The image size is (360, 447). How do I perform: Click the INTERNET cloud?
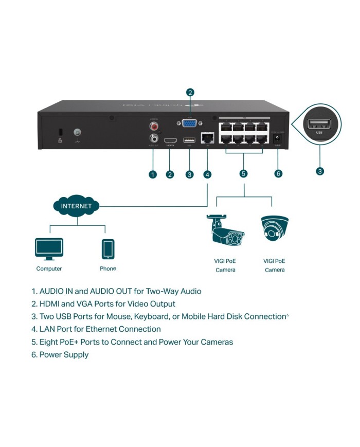coord(77,206)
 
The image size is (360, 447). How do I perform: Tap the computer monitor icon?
coord(49,249)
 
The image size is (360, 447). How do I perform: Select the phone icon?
coord(107,249)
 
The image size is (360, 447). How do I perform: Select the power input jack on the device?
coord(278,138)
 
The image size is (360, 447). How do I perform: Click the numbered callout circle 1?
coord(152,174)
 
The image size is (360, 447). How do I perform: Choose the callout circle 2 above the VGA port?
coord(190,93)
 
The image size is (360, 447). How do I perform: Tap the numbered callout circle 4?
coord(207,174)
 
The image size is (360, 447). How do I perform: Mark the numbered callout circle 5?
coord(243,173)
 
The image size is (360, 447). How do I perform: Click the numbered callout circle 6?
coord(278,173)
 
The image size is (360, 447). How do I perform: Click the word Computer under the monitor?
coord(49,269)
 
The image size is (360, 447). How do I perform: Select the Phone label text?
coord(107,269)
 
